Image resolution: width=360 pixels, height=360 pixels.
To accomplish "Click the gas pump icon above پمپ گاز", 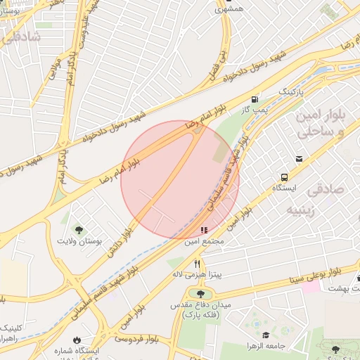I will [x=255, y=99].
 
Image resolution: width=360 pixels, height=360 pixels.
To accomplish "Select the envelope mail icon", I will [x=300, y=159].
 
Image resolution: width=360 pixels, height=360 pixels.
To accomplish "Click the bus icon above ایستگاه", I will [x=284, y=177].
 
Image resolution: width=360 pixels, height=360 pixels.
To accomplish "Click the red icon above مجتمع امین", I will [x=204, y=230].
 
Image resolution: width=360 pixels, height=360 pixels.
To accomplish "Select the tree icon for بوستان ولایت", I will [x=79, y=229].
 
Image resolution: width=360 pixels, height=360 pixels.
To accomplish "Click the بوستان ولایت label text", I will [x=79, y=241].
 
